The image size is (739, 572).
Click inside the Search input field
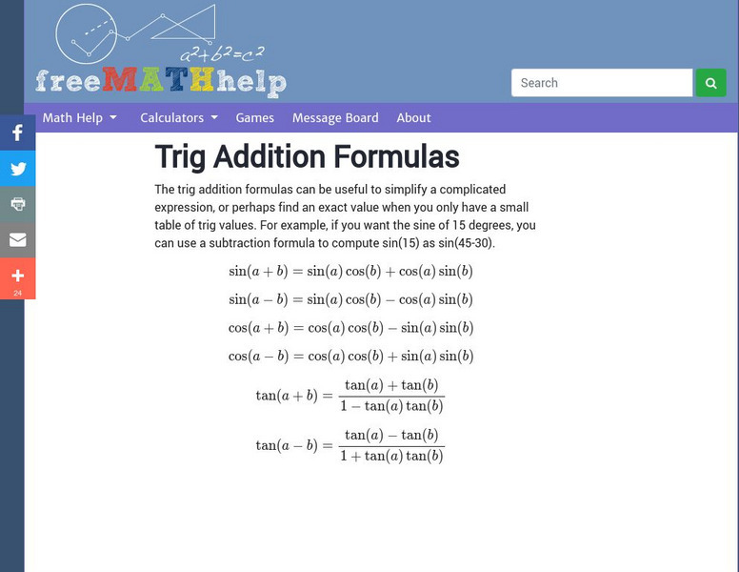[x=601, y=83]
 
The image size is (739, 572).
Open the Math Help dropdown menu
[x=79, y=118]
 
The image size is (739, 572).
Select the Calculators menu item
[x=178, y=118]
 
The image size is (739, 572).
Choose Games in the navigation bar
[x=254, y=118]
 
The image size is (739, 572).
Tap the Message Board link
[x=335, y=118]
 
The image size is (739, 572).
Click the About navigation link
[x=413, y=118]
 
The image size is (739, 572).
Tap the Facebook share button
[x=17, y=133]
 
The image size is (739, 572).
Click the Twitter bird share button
[x=17, y=170]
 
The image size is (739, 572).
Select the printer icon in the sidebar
[x=17, y=204]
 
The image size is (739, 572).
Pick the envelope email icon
[x=17, y=240]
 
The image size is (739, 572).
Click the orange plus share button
[x=17, y=277]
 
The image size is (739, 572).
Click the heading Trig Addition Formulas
[x=307, y=157]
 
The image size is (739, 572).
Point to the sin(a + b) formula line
[x=350, y=271]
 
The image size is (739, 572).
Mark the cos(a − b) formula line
[x=350, y=357]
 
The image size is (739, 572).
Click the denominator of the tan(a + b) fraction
[x=390, y=406]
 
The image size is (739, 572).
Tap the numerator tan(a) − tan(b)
[x=390, y=436]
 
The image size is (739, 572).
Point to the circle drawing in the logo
[x=86, y=33]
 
